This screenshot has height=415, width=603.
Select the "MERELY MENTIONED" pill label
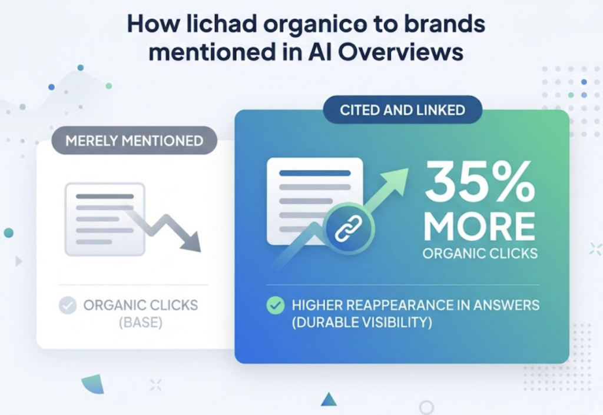134,141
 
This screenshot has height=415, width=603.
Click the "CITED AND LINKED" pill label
402,109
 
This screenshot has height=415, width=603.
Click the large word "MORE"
479,225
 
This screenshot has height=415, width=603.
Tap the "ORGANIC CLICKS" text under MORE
479,254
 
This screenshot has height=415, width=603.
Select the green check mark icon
275,306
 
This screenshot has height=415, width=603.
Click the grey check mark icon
68,306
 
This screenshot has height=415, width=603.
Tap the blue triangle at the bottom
329,400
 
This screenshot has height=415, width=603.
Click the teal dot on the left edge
8,233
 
